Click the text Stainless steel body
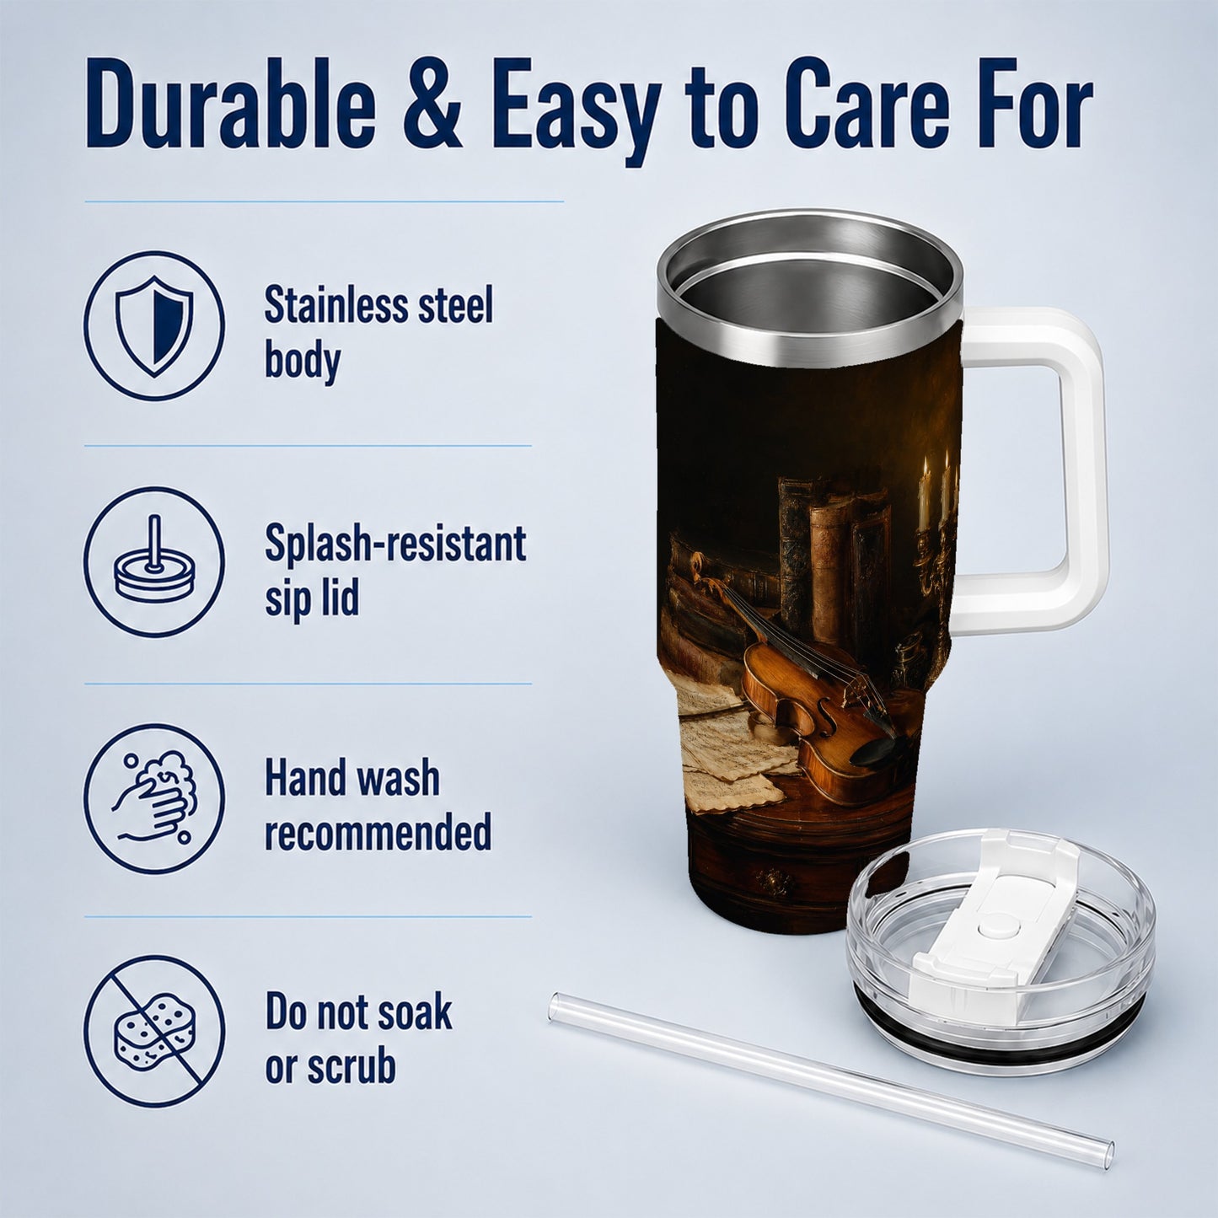pyautogui.click(x=378, y=334)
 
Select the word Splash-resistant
pyautogui.click(x=395, y=544)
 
